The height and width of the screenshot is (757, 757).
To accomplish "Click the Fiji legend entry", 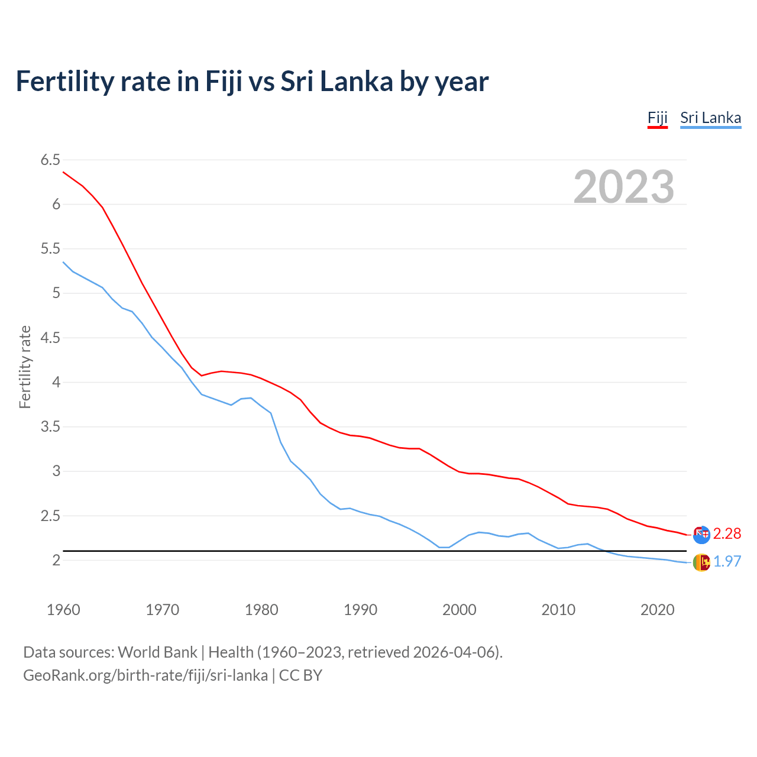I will [657, 118].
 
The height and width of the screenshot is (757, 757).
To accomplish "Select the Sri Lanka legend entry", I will [710, 118].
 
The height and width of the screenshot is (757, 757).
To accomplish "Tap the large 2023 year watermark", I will [623, 187].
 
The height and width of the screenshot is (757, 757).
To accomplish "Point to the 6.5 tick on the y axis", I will [50, 160].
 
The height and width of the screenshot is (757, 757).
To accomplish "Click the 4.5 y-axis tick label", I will [50, 338].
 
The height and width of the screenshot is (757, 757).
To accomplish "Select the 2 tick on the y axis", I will [57, 560].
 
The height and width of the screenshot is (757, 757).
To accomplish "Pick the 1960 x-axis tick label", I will [63, 610].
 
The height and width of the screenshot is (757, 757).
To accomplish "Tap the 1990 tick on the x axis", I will [360, 610].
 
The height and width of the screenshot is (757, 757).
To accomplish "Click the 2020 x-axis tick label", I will [657, 610].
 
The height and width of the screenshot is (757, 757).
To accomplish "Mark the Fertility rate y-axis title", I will [25, 367].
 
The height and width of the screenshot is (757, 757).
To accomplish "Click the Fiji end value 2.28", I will [727, 533].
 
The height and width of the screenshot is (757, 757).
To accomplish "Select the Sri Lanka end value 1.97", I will [727, 561].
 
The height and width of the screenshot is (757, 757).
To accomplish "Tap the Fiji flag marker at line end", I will [701, 534].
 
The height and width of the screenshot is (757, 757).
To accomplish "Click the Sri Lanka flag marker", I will [701, 562].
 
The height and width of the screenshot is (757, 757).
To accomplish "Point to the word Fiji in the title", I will [224, 82].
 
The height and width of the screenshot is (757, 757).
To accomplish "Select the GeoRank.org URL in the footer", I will [145, 675].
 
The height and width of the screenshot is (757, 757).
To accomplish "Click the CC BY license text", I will [300, 675].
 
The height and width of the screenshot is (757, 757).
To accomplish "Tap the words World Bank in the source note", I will [157, 652].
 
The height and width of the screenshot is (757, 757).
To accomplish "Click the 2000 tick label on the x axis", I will [459, 610].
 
